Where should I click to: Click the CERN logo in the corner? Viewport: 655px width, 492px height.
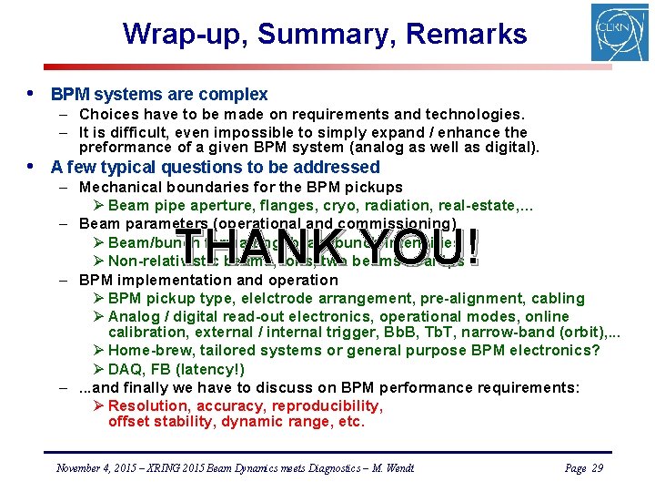coord(620,32)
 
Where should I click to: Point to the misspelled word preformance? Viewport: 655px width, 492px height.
coord(122,147)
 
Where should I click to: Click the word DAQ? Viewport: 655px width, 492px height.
coord(125,369)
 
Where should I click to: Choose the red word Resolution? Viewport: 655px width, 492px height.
coord(147,405)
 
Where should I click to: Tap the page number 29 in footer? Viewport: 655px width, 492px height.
coord(597,468)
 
